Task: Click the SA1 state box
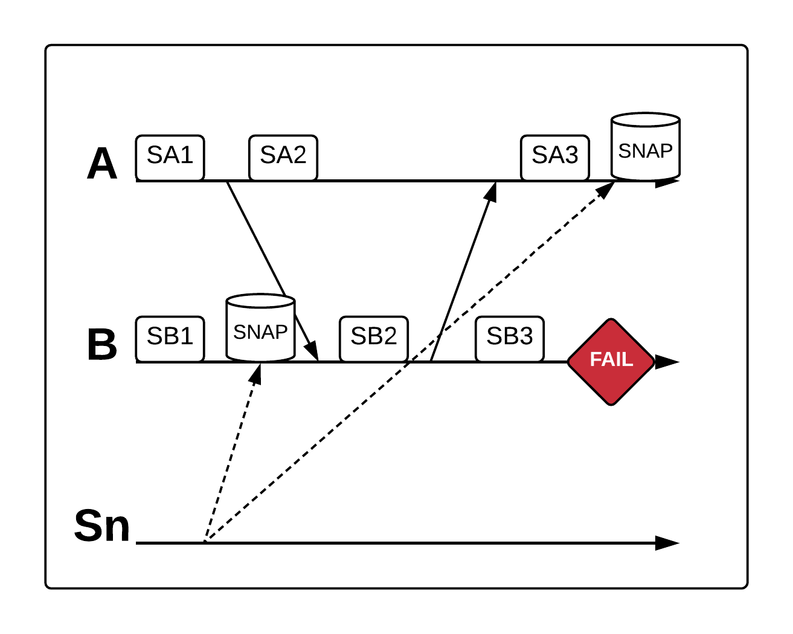[x=170, y=157]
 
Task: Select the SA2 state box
[x=283, y=157]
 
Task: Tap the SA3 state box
[x=554, y=157]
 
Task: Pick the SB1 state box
[x=170, y=338]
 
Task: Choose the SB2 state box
[x=373, y=338]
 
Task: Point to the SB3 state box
[x=509, y=338]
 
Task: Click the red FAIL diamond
[x=611, y=361]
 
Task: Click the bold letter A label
[x=101, y=164]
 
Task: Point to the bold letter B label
[x=101, y=345]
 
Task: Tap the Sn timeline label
[x=101, y=526]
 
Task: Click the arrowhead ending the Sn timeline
[x=667, y=543]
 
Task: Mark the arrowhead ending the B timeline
[x=667, y=362]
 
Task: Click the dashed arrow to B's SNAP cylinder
[x=233, y=453]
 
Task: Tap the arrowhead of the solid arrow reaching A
[x=492, y=191]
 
